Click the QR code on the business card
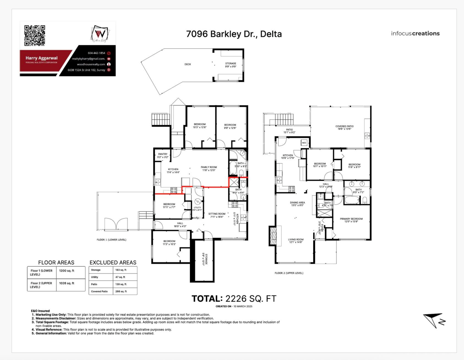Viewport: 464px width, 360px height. pyautogui.click(x=35, y=36)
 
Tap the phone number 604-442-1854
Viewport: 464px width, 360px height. pyautogui.click(x=96, y=53)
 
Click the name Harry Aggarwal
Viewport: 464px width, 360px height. pyautogui.click(x=41, y=58)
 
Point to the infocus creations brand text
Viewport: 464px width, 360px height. pyautogui.click(x=415, y=34)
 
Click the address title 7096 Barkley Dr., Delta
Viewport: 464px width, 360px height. pyautogui.click(x=234, y=34)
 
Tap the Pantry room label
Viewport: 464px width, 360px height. pyautogui.click(x=163, y=156)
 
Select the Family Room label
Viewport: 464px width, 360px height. pyautogui.click(x=208, y=169)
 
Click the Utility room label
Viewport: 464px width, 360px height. pyautogui.click(x=197, y=209)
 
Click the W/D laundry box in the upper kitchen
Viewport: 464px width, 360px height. pyautogui.click(x=304, y=142)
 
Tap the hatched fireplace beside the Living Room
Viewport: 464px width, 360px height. pyautogui.click(x=273, y=236)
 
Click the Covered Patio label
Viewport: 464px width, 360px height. pyautogui.click(x=344, y=128)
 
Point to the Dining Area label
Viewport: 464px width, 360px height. pyautogui.click(x=298, y=204)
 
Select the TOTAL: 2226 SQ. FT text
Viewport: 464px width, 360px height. pyautogui.click(x=234, y=299)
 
